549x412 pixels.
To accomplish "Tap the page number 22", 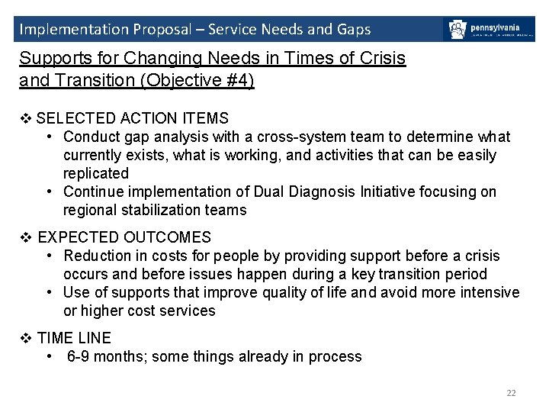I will [x=511, y=393].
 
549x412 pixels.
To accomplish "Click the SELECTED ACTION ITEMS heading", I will [x=132, y=118].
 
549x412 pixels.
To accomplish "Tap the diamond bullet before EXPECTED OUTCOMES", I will [x=26, y=237].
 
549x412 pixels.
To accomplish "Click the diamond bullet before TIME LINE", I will [x=26, y=338].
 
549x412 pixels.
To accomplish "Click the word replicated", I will [x=96, y=173].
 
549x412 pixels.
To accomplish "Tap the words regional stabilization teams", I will [x=155, y=210].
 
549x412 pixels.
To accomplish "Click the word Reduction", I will [x=97, y=256].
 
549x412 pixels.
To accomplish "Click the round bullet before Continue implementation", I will [x=49, y=192].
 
